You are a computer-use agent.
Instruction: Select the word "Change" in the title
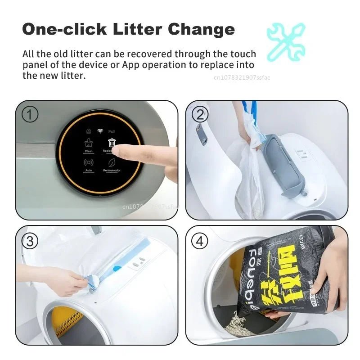pos(201,29)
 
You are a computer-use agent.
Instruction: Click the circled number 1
pos(30,115)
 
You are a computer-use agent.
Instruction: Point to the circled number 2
pos(200,115)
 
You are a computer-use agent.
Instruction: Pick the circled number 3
pos(30,241)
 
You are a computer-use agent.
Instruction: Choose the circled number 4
pos(200,241)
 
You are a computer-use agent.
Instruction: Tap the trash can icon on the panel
pos(112,143)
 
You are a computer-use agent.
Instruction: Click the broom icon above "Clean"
pos(89,143)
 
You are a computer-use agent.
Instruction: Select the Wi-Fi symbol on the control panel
pos(100,131)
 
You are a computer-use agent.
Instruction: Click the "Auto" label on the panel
pos(89,171)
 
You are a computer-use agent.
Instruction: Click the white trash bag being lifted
pos(247,175)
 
